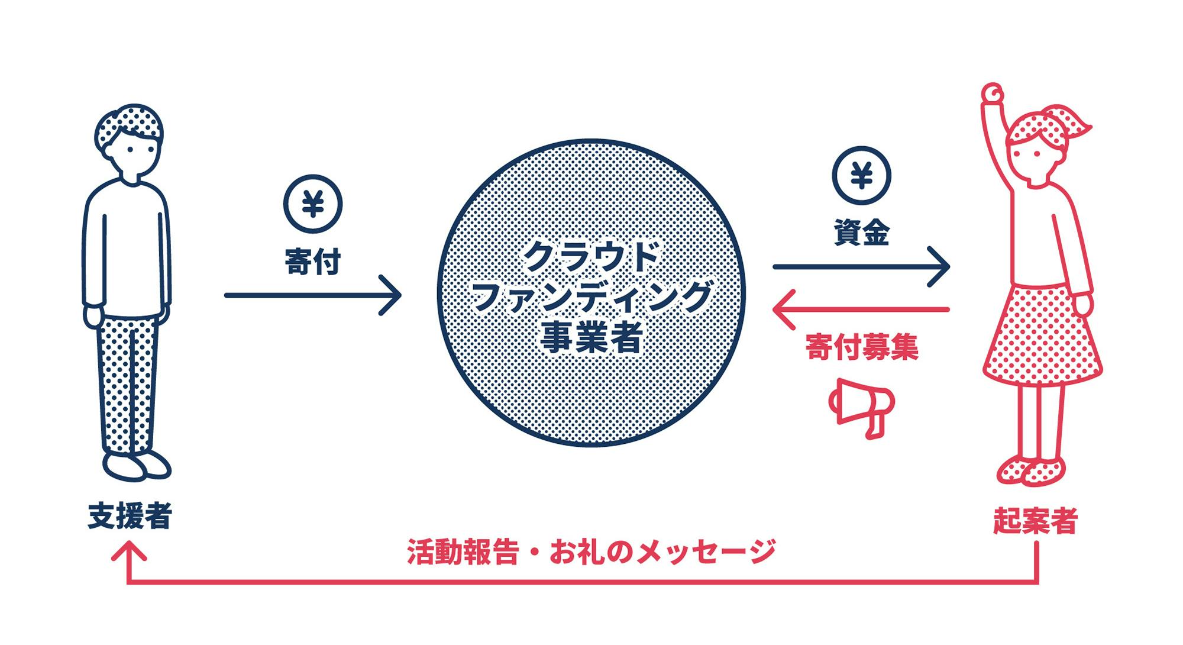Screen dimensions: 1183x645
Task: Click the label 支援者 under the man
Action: click(x=130, y=516)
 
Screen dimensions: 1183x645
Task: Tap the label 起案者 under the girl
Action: click(x=1035, y=521)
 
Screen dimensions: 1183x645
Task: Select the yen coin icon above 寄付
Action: click(x=313, y=204)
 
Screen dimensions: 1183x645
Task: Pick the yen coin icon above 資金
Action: click(x=861, y=176)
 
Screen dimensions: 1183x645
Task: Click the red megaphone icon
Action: click(x=862, y=407)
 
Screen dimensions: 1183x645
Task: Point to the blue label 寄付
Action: click(x=313, y=262)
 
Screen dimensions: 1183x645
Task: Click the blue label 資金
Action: click(x=861, y=233)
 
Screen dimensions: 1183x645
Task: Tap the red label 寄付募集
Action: click(x=862, y=347)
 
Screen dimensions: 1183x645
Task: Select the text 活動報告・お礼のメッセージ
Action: click(x=591, y=552)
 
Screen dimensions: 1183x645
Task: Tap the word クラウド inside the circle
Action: click(x=591, y=256)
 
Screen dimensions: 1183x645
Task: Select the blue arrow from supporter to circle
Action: click(x=313, y=295)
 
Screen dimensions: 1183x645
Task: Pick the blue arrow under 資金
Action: click(x=861, y=267)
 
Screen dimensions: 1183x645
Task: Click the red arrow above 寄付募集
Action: click(x=861, y=309)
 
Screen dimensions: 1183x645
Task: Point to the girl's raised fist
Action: click(x=993, y=93)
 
